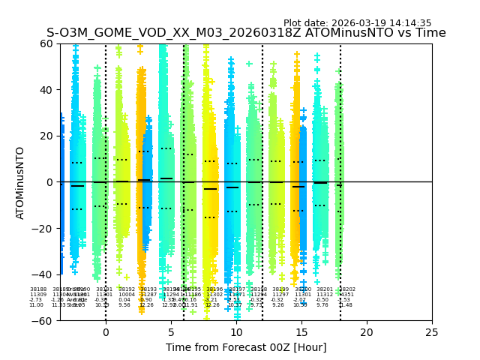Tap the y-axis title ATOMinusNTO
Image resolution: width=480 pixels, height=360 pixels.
pos(21,182)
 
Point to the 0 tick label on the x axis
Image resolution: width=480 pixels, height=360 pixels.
pos(106,332)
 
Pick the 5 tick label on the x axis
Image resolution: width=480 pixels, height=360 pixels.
pos(171,332)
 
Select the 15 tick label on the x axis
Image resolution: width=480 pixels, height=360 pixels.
pos(301,332)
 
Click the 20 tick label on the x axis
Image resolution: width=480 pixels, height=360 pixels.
pos(367,332)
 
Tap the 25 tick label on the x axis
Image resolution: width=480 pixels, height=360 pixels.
pos(432,332)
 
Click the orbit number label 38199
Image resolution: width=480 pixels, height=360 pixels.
pos(280,289)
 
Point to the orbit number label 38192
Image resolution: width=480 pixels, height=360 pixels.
pos(127,289)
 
